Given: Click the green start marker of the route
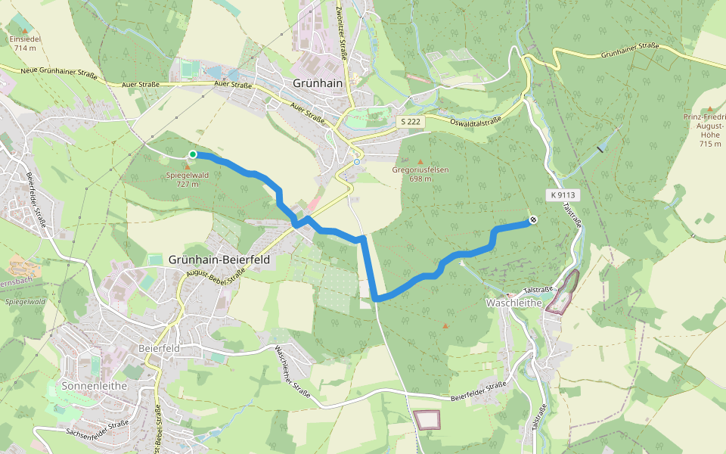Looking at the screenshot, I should tap(193, 154).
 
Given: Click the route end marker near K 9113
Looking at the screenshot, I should tap(533, 220).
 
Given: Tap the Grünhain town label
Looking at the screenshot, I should tap(319, 83).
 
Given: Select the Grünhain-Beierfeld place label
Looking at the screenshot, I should tap(219, 260).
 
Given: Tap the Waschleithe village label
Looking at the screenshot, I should tap(510, 303).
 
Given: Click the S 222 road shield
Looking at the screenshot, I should tap(411, 121).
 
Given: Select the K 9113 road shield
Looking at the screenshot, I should tap(563, 194).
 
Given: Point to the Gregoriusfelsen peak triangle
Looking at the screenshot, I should tap(420, 161).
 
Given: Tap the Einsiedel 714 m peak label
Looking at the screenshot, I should tap(25, 42).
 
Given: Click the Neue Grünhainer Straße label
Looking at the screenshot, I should tap(48, 73).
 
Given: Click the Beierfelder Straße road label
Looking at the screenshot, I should tap(478, 391).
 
